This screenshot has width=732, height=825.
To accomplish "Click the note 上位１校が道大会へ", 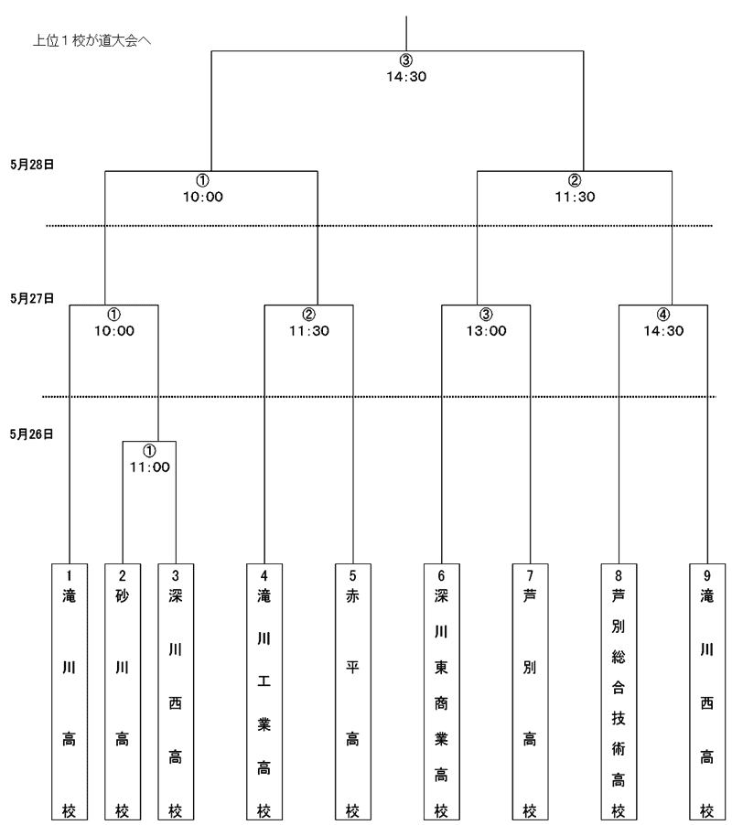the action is point(92,40).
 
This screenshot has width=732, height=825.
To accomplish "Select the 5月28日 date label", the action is point(32,165).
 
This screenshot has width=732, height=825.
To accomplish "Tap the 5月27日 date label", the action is point(32,299).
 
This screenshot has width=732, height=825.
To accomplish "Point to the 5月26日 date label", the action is point(32,434).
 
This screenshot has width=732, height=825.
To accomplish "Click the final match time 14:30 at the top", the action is point(406,77).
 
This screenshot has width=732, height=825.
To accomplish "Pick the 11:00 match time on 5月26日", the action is point(150,467).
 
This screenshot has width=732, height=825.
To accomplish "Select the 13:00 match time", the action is point(486,331).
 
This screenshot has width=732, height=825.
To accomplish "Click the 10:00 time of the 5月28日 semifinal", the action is point(203,197).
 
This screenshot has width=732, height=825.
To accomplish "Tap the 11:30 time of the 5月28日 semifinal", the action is point(576,197).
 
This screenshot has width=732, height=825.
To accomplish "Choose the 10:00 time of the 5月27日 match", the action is point(114,331).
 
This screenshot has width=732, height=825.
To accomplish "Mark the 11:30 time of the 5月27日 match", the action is point(309,331).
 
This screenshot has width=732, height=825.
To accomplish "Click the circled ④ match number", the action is point(663,315).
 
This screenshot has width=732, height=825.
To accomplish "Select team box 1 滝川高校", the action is point(70,691).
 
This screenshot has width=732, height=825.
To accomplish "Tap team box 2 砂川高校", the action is point(123,691).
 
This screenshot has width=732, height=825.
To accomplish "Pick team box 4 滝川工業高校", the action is point(264,691).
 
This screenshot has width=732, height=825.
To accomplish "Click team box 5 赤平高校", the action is point(353,691).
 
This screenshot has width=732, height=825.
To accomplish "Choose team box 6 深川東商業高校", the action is point(442,691).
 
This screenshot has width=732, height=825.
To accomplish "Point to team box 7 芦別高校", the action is point(531,691).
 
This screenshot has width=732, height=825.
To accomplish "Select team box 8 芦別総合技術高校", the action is point(619,691).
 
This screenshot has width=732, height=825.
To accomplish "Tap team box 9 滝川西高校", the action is point(707,691).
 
